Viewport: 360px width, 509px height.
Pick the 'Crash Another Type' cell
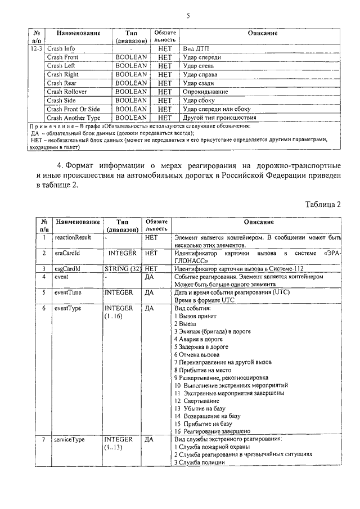coord(74,118)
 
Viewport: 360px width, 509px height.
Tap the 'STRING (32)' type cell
coord(122,269)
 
